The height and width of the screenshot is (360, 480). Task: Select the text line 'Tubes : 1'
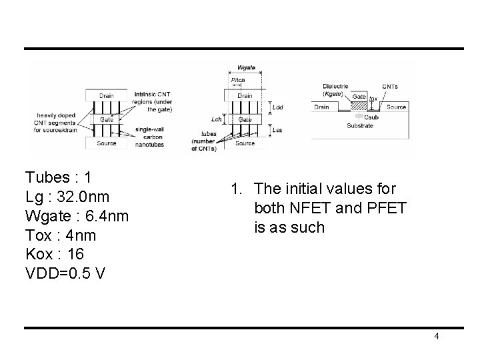click(x=58, y=177)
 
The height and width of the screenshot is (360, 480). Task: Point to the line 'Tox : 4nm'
click(x=61, y=235)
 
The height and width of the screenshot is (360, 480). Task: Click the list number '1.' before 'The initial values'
click(x=237, y=189)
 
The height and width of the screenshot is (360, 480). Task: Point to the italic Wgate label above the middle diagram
click(x=246, y=69)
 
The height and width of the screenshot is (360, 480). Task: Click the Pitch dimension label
click(x=237, y=80)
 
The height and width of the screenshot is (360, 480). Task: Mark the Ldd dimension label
click(x=277, y=107)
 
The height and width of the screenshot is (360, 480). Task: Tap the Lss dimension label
click(x=277, y=131)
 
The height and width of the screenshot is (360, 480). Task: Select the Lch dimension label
click(x=215, y=119)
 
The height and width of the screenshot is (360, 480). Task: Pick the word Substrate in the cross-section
click(x=360, y=125)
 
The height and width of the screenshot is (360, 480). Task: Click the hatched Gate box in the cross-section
click(x=359, y=97)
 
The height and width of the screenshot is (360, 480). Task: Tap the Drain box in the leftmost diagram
click(x=107, y=95)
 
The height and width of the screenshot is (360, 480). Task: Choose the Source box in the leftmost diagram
click(x=107, y=143)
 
